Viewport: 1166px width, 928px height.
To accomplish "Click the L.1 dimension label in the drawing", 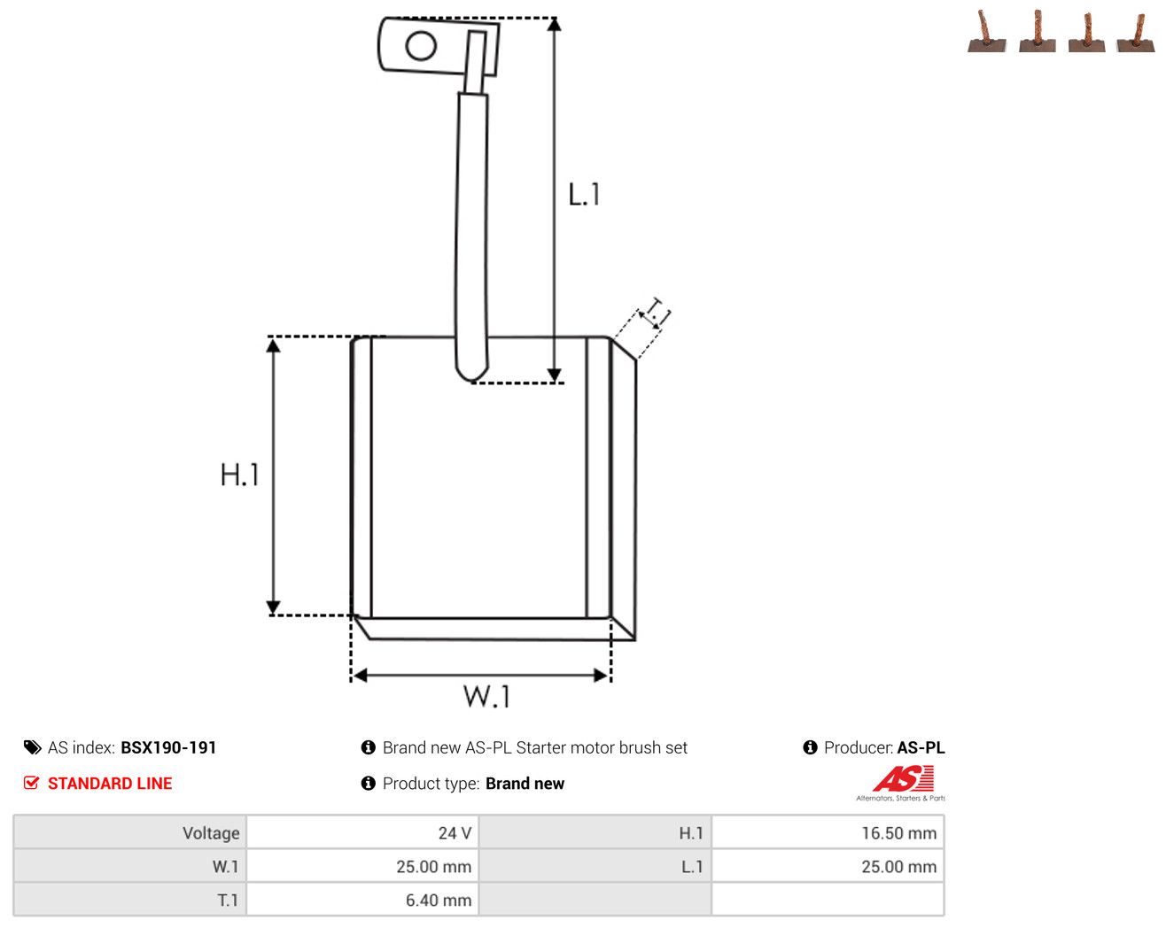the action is click(x=584, y=194).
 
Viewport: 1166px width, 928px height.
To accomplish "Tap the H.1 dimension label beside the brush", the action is click(x=239, y=475).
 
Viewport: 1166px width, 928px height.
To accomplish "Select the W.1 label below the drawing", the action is click(x=486, y=696).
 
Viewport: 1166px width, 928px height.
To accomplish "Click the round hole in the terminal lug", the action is click(x=421, y=46).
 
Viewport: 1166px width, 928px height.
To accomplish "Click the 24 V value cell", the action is click(x=362, y=832).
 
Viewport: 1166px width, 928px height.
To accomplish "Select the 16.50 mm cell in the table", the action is click(x=828, y=832).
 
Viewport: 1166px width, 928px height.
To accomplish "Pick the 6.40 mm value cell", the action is click(x=362, y=900).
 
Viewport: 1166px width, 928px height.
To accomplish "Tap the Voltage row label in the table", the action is click(x=211, y=832).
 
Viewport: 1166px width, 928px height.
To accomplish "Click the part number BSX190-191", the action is click(x=168, y=747).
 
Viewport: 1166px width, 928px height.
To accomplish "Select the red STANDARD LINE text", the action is click(x=110, y=783).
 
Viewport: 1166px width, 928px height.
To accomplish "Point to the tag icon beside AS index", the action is click(x=33, y=747).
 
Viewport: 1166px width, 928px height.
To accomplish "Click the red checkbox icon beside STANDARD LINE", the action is click(x=31, y=783).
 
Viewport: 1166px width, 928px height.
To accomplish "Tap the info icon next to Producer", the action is click(x=810, y=747).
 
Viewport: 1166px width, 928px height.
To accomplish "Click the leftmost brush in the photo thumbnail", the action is click(x=987, y=33).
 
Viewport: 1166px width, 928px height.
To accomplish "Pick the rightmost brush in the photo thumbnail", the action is click(x=1136, y=34).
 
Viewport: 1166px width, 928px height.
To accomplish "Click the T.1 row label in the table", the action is click(x=228, y=900).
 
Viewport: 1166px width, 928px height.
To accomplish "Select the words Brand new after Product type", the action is click(x=525, y=784).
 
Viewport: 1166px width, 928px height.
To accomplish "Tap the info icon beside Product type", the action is click(x=368, y=783).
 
